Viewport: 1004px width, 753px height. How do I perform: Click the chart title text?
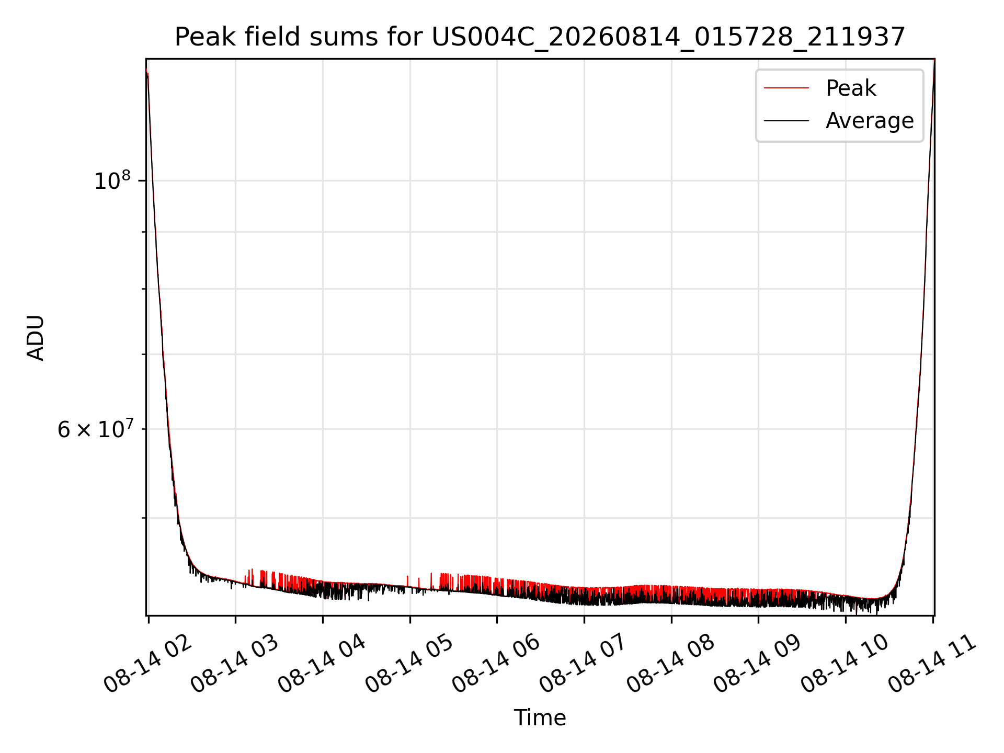(540, 37)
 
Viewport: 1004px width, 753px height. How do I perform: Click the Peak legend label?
(851, 88)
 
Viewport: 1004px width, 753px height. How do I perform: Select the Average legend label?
(870, 121)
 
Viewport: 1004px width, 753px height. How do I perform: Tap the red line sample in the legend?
(786, 88)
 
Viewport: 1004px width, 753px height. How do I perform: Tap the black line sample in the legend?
(786, 121)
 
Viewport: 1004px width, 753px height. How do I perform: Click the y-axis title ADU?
(36, 338)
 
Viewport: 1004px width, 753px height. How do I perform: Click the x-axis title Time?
(540, 718)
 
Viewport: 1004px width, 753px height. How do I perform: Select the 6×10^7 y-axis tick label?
(96, 429)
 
